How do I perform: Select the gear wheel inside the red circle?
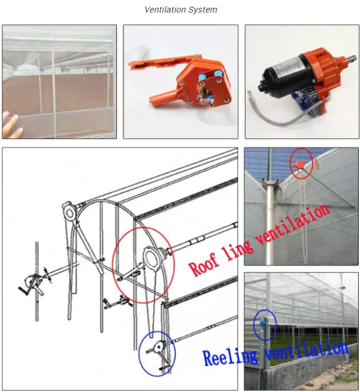coord(150,258)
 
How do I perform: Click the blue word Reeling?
coord(230,357)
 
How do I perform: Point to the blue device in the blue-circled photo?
coord(262,324)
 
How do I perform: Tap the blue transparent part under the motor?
coord(304,101)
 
